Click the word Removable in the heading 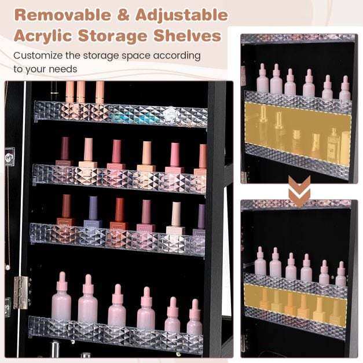(x=63, y=15)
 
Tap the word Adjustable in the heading (x=182, y=15)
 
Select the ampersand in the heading (x=123, y=15)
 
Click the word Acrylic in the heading (x=43, y=36)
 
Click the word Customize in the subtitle (x=38, y=56)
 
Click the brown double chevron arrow (x=299, y=190)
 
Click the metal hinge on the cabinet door (x=20, y=292)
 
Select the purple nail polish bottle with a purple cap (x=93, y=213)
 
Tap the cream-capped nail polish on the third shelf (x=176, y=219)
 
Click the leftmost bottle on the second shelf (x=64, y=152)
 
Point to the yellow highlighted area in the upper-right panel (x=298, y=134)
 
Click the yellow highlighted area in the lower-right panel (x=296, y=305)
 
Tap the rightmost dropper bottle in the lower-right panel (x=341, y=274)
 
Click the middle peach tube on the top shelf (x=81, y=92)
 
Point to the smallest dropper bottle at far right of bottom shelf (x=195, y=317)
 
